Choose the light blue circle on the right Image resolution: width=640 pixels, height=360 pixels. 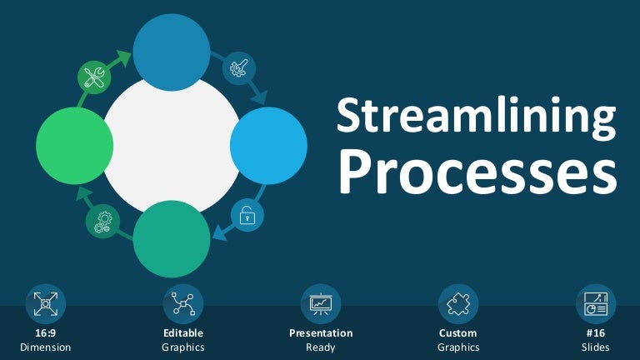[268, 146]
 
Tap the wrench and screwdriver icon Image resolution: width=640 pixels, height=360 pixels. [94, 77]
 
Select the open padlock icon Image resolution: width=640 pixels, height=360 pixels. [247, 216]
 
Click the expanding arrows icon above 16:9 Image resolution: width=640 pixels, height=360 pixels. [45, 304]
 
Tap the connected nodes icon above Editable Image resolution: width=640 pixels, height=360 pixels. [183, 304]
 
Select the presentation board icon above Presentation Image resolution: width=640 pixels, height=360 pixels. [320, 304]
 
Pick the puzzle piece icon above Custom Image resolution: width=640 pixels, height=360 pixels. [458, 304]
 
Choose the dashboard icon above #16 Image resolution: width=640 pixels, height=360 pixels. [596, 304]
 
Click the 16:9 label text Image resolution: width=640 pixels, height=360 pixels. [45, 333]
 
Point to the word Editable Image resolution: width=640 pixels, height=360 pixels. [183, 333]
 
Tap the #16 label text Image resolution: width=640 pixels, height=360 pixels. [596, 333]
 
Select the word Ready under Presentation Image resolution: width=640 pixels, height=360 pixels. [320, 347]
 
